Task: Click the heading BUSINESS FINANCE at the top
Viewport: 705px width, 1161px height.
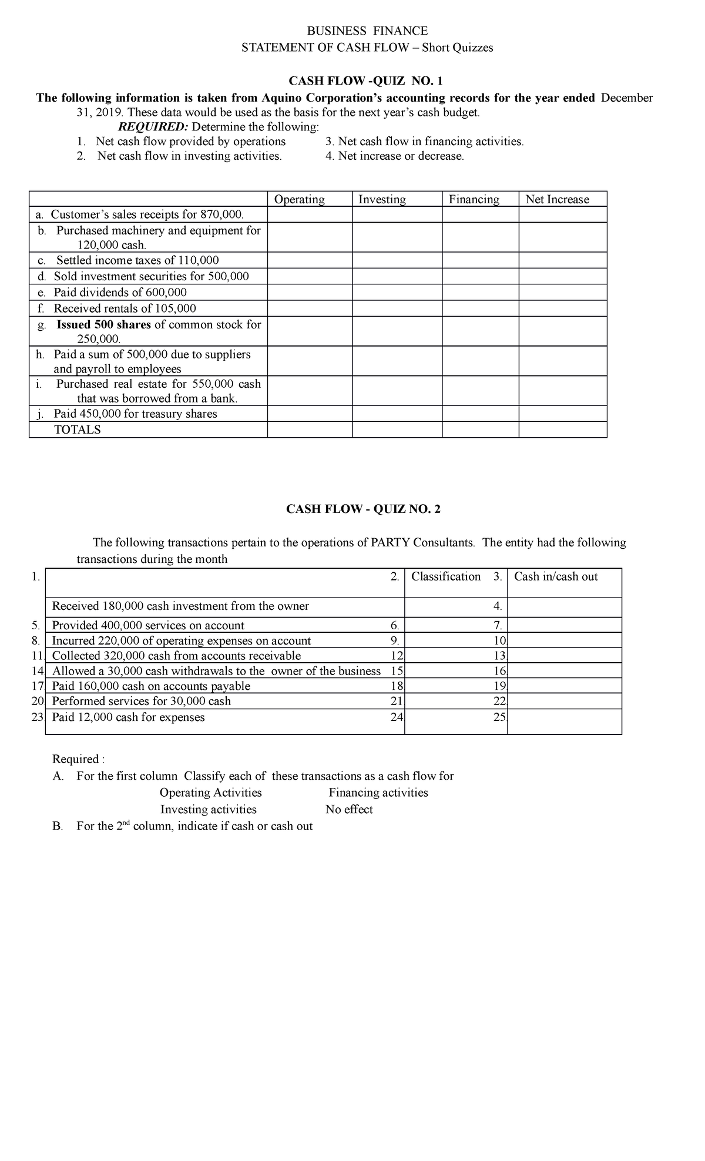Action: click(368, 31)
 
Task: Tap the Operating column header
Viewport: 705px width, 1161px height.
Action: click(300, 199)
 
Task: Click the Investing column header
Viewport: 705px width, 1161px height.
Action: click(382, 199)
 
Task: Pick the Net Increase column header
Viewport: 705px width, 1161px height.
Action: click(557, 199)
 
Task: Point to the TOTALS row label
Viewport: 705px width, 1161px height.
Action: click(78, 429)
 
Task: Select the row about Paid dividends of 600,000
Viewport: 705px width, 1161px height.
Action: click(120, 293)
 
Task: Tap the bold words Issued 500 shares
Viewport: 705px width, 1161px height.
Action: click(103, 324)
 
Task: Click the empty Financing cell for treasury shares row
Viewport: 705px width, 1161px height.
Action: click(480, 414)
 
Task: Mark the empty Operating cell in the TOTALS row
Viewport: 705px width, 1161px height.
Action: click(310, 429)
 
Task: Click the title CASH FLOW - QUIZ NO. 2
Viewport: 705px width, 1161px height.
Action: click(363, 509)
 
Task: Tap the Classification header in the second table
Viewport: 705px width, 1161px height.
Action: click(446, 576)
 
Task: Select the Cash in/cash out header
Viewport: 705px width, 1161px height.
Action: click(556, 576)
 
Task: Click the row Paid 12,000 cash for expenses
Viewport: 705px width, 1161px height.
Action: click(128, 717)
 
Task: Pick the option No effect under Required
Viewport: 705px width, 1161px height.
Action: click(349, 810)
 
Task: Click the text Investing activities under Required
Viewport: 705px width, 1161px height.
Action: click(209, 810)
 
